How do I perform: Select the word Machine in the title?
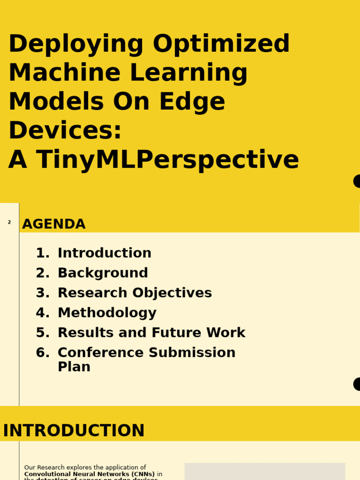click(66, 74)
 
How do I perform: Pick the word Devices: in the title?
click(65, 131)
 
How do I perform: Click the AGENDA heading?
click(54, 225)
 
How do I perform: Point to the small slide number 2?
click(9, 222)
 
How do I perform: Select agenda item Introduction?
click(105, 253)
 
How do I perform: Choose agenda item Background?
click(103, 273)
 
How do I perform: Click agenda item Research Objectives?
click(135, 293)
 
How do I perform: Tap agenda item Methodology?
click(107, 313)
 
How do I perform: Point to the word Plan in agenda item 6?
click(74, 367)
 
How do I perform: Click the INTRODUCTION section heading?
click(74, 431)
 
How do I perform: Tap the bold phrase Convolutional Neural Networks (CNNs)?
click(90, 474)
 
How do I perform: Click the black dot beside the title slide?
click(357, 181)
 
